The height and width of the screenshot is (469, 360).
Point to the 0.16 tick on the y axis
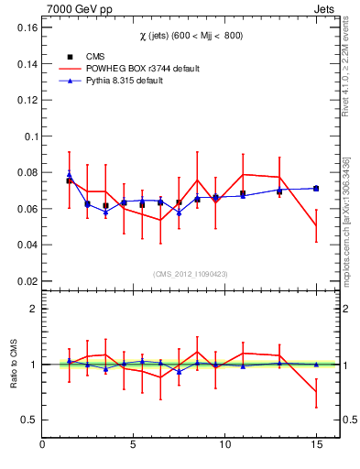[26, 27]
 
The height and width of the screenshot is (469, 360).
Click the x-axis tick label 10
[224, 446]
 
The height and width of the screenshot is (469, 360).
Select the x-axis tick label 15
[315, 446]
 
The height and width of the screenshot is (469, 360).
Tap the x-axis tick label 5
[134, 446]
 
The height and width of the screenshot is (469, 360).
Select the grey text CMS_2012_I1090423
[190, 274]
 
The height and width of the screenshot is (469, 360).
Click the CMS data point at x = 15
[316, 189]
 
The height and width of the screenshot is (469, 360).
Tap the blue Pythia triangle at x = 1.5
[70, 174]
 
